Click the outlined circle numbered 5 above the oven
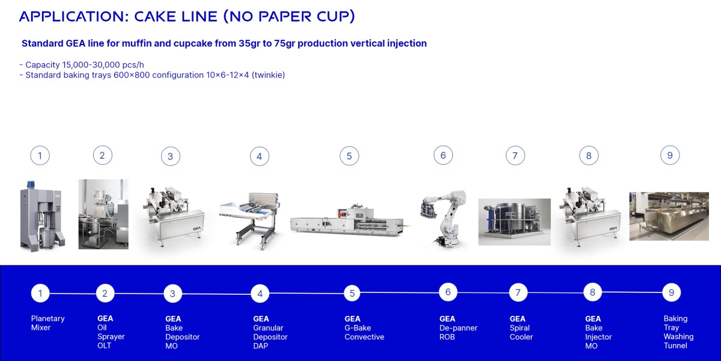click(349, 156)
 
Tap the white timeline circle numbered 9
click(671, 293)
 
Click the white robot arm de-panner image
click(443, 216)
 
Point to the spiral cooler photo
click(514, 221)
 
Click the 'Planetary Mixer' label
click(47, 323)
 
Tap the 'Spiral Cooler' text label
click(521, 333)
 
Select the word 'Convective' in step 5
click(364, 337)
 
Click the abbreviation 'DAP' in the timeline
click(261, 346)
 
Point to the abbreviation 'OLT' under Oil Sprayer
click(105, 346)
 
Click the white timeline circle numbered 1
click(40, 294)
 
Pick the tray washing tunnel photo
click(669, 216)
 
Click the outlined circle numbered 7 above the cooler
click(515, 156)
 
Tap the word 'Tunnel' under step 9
click(675, 346)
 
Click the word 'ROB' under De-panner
click(448, 337)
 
